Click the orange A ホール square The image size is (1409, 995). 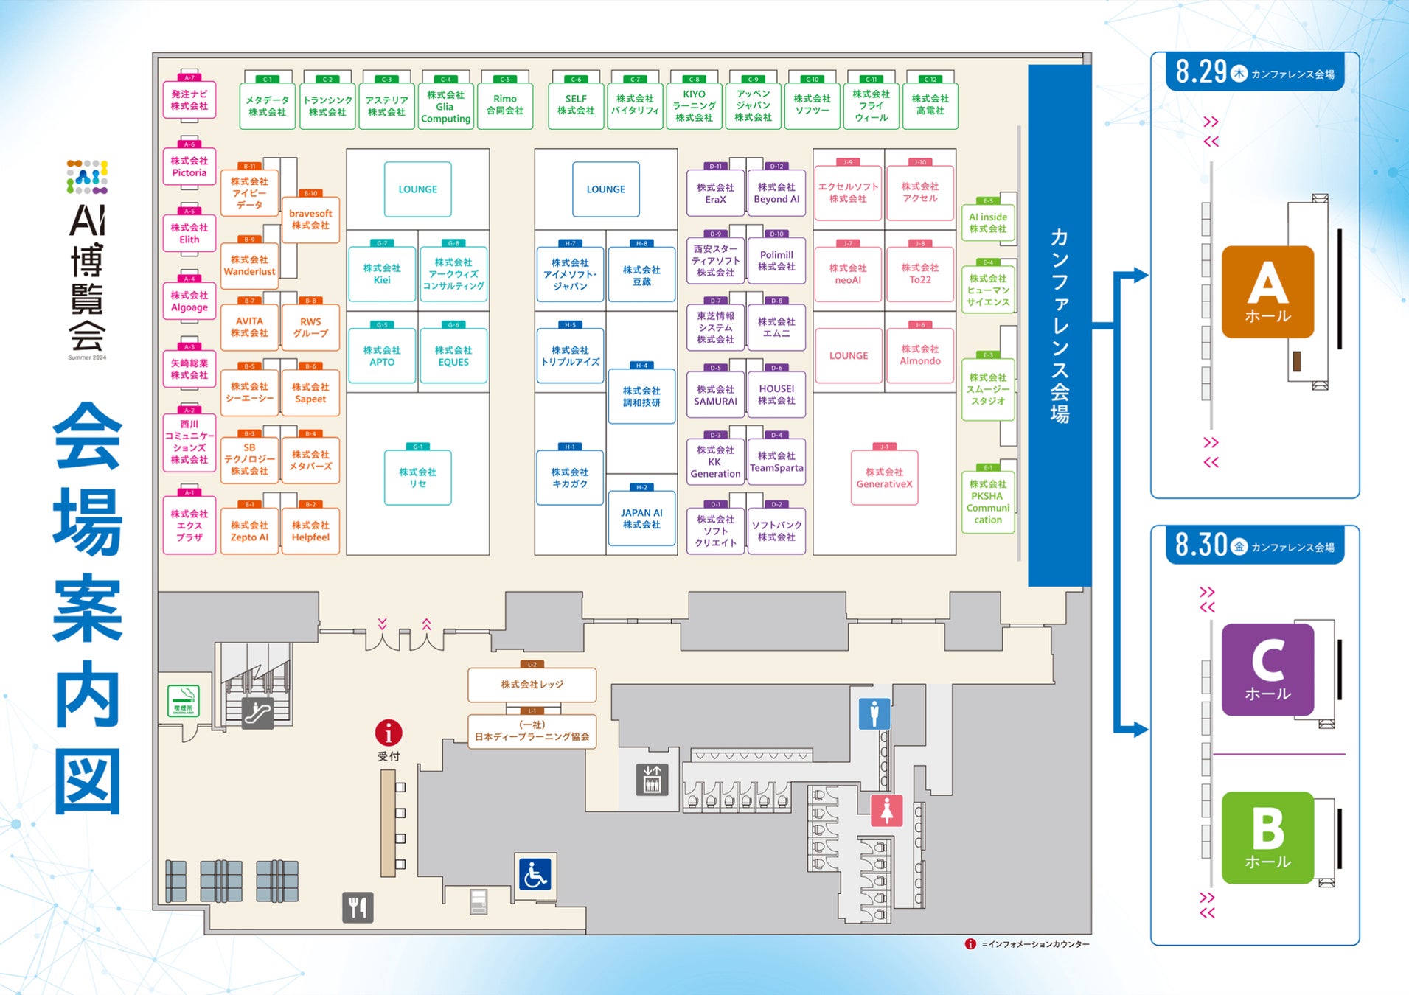(1267, 292)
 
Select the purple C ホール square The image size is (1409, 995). (1267, 669)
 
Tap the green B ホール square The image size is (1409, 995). (1267, 837)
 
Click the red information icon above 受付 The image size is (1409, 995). (389, 733)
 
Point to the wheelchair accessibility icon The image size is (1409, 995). (535, 875)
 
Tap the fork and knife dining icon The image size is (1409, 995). (358, 907)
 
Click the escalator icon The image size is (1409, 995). (258, 713)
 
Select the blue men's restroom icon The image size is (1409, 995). (874, 713)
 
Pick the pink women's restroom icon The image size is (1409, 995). (886, 811)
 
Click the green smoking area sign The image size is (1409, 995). (183, 701)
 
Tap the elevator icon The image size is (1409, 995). (652, 779)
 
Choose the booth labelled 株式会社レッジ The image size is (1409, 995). (532, 685)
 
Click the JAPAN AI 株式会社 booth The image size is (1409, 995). (641, 519)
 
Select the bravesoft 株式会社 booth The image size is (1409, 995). (310, 220)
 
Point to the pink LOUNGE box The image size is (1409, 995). (848, 356)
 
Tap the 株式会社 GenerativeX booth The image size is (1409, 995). (884, 478)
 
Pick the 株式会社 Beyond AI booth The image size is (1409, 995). (776, 194)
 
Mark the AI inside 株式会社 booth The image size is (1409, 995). (988, 223)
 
